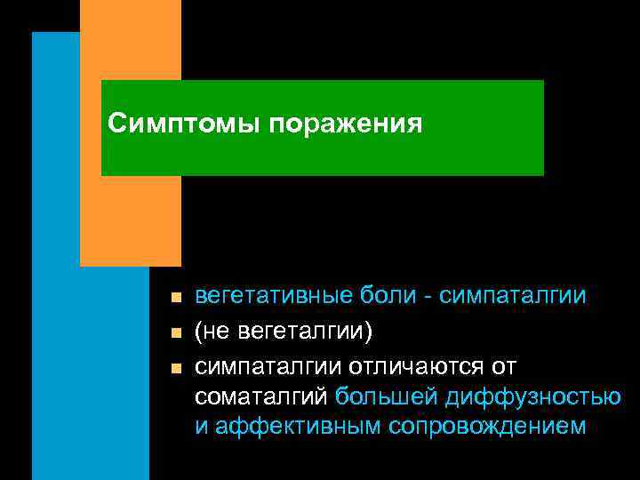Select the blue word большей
[x=388, y=396]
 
